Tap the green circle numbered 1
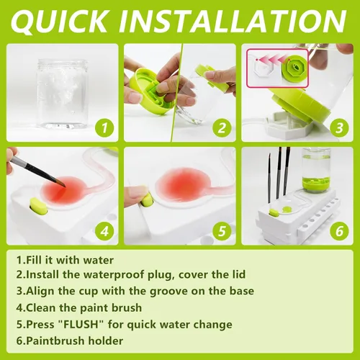(104, 127)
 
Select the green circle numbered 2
(222, 127)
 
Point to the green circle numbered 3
(339, 127)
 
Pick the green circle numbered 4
(104, 231)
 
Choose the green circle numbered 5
(222, 231)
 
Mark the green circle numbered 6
(339, 231)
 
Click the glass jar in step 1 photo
(62, 94)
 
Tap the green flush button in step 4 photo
(38, 206)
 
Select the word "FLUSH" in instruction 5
(81, 324)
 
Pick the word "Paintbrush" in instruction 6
(55, 341)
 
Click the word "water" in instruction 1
(98, 261)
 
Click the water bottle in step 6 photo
(316, 170)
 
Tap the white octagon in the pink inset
(264, 68)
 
